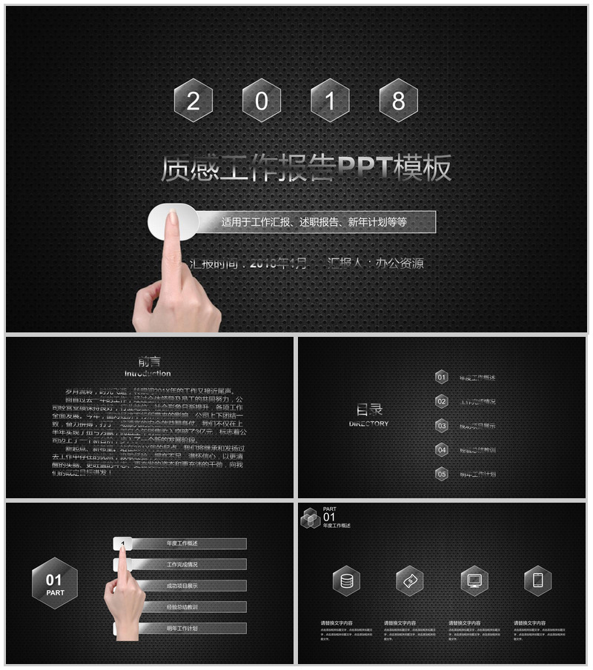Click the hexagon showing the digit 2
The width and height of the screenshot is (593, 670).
pos(193,101)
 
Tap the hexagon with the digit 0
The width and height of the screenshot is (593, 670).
pos(262,101)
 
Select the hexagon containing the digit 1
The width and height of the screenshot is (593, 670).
pos(330,101)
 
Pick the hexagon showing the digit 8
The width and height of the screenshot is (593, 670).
pos(398,101)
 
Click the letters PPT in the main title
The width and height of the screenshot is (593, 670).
pos(365,169)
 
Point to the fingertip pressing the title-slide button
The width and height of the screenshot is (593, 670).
pos(173,217)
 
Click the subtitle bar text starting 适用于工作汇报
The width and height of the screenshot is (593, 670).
pos(314,221)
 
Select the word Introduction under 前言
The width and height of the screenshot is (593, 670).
pos(148,374)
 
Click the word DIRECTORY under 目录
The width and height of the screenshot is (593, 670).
pos(368,424)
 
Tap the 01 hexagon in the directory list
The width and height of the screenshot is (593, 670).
pos(442,378)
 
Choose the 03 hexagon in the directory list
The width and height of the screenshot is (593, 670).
pos(442,426)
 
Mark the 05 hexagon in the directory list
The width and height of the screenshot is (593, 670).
pos(442,474)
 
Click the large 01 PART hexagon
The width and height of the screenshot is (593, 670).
pos(55,583)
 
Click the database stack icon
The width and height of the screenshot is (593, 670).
pos(346,581)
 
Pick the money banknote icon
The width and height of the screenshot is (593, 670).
pos(409,581)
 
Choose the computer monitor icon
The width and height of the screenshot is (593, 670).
pos(474,581)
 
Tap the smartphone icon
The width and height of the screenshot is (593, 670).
pos(537,581)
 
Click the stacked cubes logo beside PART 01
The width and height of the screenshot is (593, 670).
pos(310,518)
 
